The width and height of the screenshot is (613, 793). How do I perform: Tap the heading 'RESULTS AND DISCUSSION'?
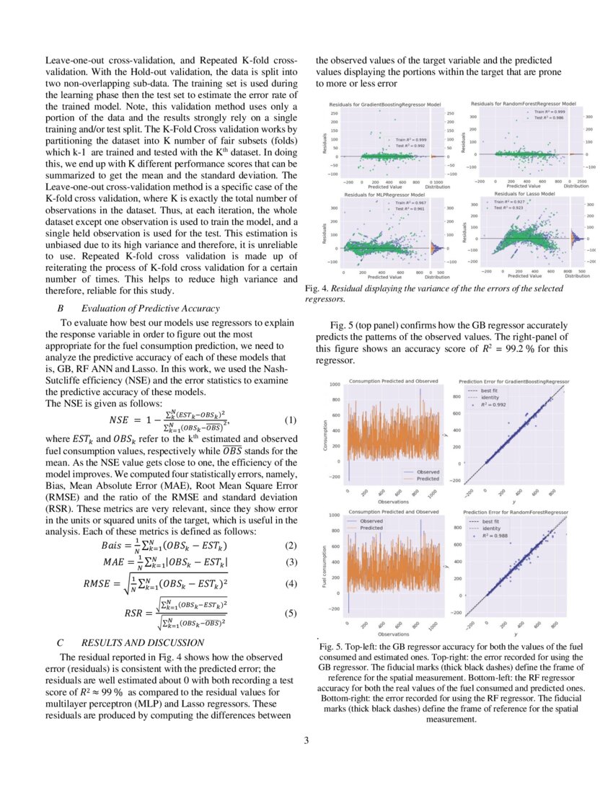[x=143, y=642]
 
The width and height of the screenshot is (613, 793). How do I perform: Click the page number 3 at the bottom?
[x=306, y=738]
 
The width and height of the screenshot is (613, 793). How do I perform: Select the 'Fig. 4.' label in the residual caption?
[x=318, y=288]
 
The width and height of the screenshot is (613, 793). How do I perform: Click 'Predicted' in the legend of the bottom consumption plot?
[x=372, y=528]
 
